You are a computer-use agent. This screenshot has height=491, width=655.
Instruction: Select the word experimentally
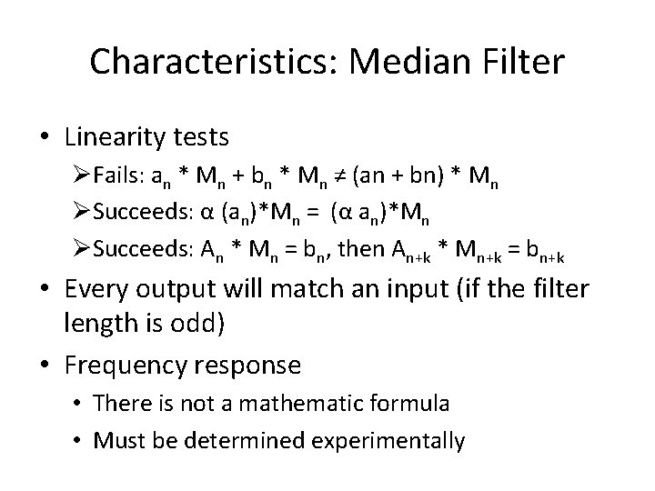pos(390,441)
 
